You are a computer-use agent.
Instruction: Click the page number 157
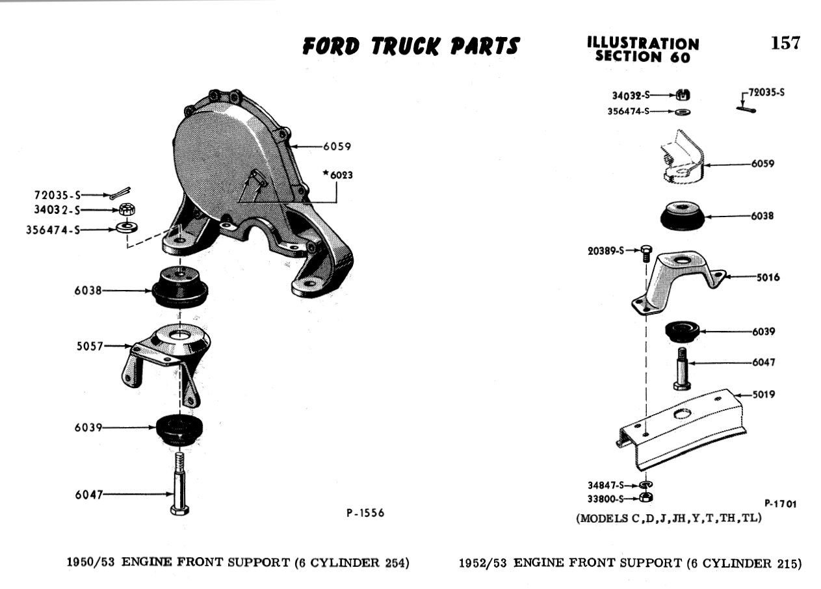[785, 43]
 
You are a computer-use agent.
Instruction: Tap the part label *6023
[337, 175]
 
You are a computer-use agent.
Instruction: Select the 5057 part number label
[90, 346]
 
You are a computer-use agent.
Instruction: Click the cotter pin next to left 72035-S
[120, 193]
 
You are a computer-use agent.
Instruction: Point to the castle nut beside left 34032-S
[127, 209]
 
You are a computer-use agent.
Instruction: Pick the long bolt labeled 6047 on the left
[179, 483]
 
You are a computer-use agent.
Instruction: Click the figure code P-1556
[365, 513]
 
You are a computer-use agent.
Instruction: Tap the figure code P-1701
[780, 504]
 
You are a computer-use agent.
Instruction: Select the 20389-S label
[606, 251]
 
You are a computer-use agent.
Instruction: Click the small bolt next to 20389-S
[647, 254]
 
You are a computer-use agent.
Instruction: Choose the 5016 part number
[768, 277]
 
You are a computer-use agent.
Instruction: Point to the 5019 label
[764, 395]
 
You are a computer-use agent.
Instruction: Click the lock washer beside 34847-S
[646, 484]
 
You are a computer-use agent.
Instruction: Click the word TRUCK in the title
[406, 47]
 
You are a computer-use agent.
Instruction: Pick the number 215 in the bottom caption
[787, 563]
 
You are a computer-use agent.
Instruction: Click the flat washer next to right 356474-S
[683, 111]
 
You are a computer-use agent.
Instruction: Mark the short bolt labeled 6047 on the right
[682, 369]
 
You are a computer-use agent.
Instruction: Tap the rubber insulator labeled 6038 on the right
[682, 216]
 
